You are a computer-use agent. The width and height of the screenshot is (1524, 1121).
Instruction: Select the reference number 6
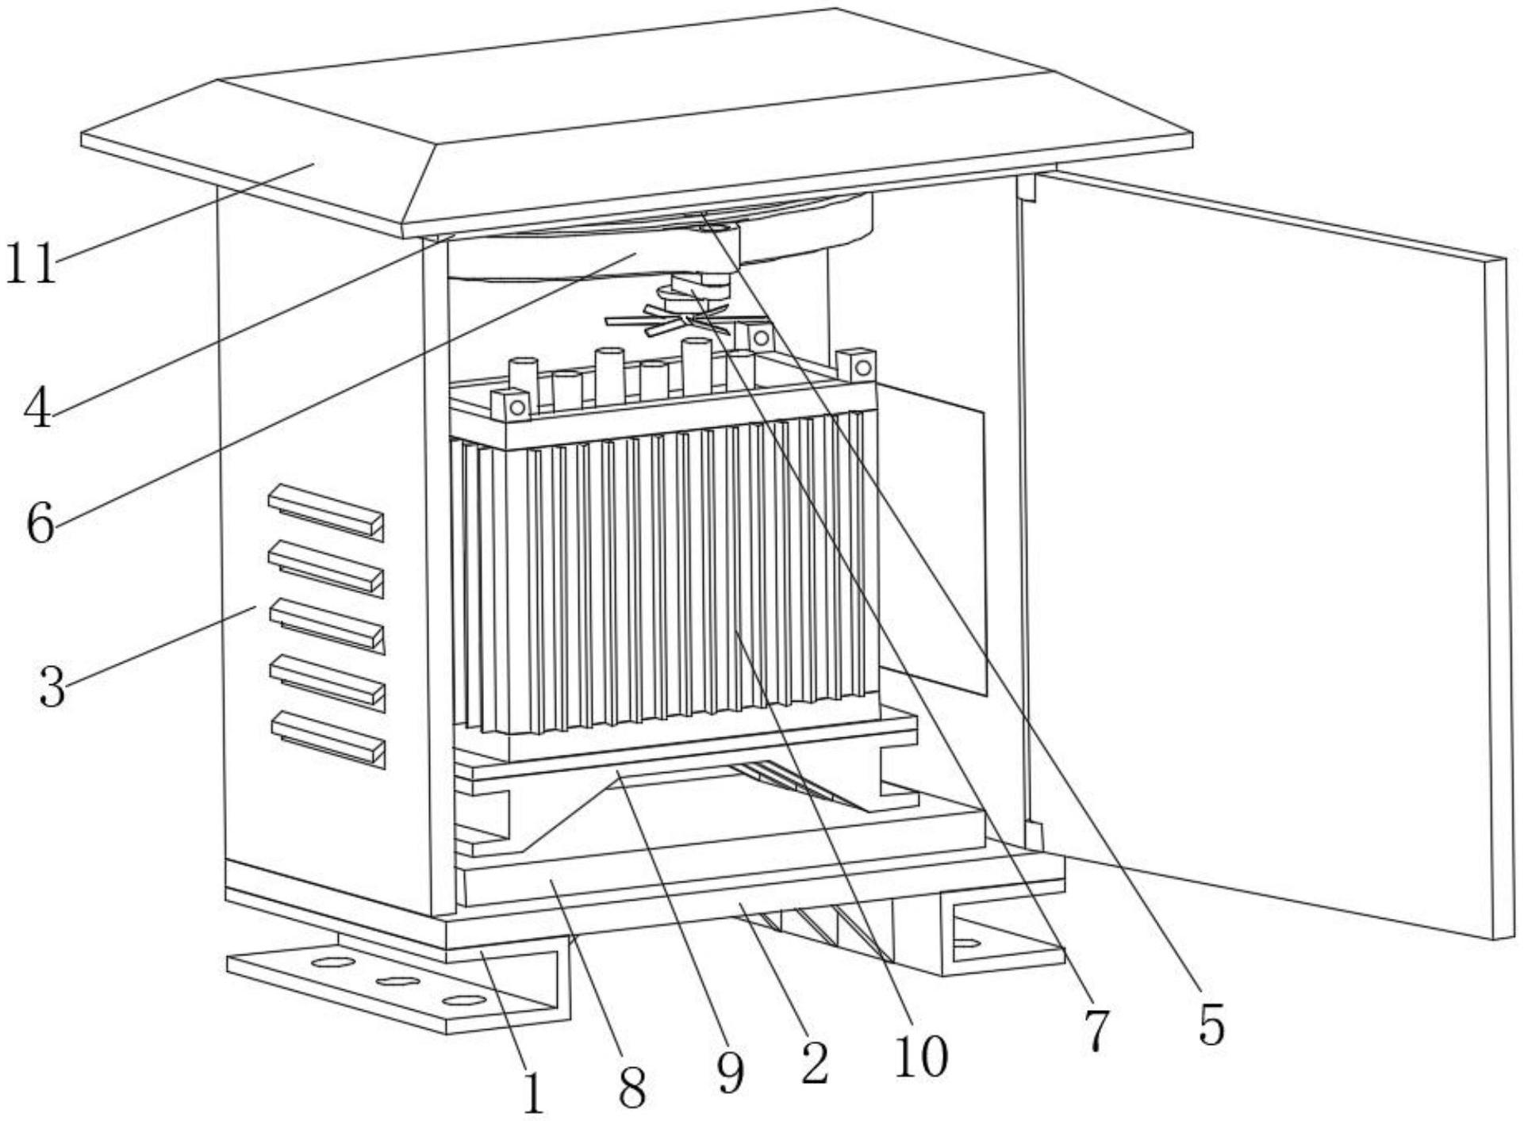(x=40, y=522)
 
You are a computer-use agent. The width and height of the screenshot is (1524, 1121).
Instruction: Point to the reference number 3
(x=52, y=687)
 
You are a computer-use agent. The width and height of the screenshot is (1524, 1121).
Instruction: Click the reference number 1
(x=533, y=1095)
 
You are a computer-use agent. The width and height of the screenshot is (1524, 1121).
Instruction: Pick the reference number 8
(x=632, y=1088)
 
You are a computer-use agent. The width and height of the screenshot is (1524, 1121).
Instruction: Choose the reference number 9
(x=730, y=1073)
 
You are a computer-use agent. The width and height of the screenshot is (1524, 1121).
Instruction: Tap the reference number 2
(x=814, y=1062)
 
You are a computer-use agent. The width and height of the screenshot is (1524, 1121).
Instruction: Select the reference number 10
(x=921, y=1056)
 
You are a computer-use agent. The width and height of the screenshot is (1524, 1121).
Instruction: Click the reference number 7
(x=1096, y=1031)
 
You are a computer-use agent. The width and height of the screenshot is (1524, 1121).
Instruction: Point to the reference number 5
(x=1211, y=1023)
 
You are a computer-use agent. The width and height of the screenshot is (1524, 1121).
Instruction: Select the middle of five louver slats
(x=327, y=626)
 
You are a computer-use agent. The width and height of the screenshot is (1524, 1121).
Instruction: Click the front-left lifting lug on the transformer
(x=511, y=406)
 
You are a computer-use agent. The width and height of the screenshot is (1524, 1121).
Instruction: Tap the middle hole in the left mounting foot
(x=397, y=981)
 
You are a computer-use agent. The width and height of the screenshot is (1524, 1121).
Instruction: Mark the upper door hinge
(x=1027, y=187)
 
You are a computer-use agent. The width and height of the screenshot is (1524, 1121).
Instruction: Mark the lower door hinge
(x=1033, y=833)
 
